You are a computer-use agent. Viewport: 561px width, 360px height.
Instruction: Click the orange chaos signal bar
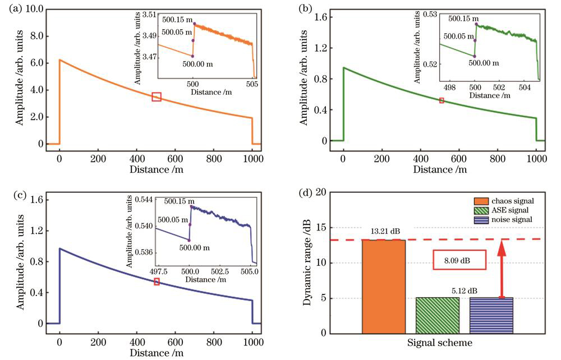click(384, 286)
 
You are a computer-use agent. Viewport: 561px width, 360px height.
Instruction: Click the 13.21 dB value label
click(384, 231)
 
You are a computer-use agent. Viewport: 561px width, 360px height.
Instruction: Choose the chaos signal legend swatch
click(484, 201)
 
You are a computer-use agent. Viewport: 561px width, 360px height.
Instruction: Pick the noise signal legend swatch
click(484, 219)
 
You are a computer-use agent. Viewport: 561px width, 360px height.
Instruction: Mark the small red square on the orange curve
click(157, 97)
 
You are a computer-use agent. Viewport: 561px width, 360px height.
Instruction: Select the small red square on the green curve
click(442, 100)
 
